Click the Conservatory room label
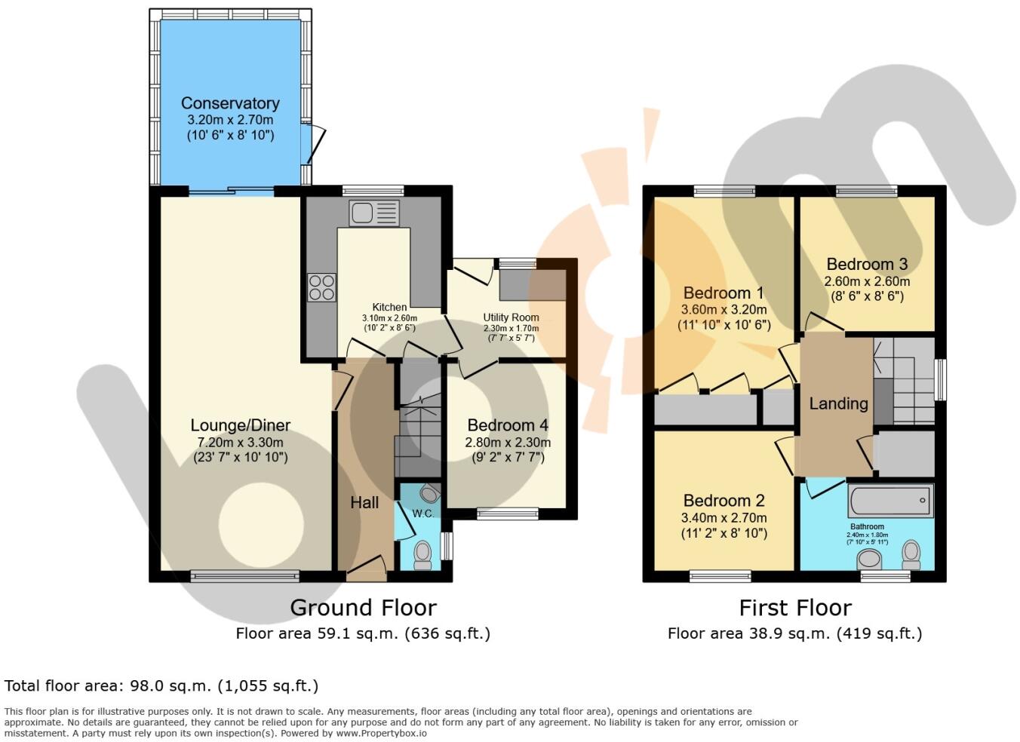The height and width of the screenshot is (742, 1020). [230, 103]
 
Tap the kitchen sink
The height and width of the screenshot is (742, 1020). [373, 212]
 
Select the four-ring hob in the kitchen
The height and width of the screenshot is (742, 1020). [321, 287]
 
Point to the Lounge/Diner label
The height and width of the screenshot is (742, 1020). [240, 425]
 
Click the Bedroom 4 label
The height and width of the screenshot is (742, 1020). [507, 425]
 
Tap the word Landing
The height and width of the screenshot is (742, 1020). [838, 403]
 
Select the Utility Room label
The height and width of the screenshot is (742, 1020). [511, 317]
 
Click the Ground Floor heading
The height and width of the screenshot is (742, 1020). [363, 608]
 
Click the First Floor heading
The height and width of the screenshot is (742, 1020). [795, 608]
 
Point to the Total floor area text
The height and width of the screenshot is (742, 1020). [161, 686]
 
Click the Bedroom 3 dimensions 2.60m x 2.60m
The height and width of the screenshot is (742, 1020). [867, 281]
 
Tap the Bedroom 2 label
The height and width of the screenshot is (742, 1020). [724, 501]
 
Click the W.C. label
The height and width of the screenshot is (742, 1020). [422, 514]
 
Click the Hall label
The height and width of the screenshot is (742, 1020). [364, 502]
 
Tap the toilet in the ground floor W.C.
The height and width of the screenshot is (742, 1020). [422, 555]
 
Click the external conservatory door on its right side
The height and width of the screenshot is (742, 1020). [315, 144]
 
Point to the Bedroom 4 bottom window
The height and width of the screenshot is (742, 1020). [508, 514]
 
